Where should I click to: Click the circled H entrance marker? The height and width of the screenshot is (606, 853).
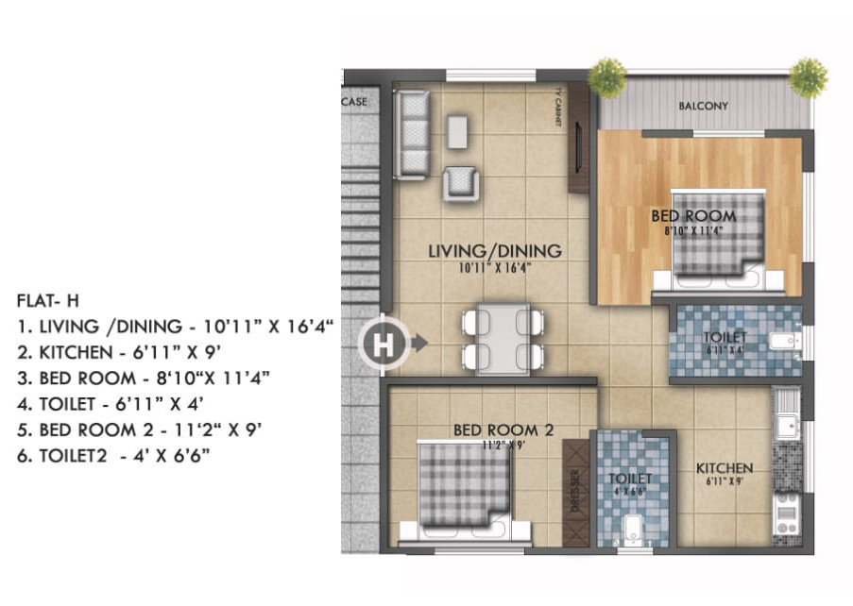click(383, 345)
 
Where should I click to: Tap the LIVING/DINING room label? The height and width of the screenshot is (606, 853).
click(494, 251)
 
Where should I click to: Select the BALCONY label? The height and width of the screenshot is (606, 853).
click(703, 107)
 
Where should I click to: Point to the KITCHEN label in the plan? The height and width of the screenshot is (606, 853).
click(724, 468)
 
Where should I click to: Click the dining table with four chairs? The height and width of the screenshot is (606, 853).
click(503, 339)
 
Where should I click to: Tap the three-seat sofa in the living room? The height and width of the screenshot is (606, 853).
click(412, 134)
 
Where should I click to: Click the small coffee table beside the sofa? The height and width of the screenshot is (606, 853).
click(457, 131)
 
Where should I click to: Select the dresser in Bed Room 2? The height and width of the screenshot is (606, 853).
click(574, 492)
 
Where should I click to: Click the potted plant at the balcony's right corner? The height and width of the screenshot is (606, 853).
click(808, 77)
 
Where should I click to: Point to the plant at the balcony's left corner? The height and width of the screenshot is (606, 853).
click(606, 76)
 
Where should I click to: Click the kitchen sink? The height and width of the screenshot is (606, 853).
click(786, 415)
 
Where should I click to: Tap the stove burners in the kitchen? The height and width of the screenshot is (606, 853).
click(786, 514)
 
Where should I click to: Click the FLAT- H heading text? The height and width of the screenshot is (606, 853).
click(48, 301)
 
